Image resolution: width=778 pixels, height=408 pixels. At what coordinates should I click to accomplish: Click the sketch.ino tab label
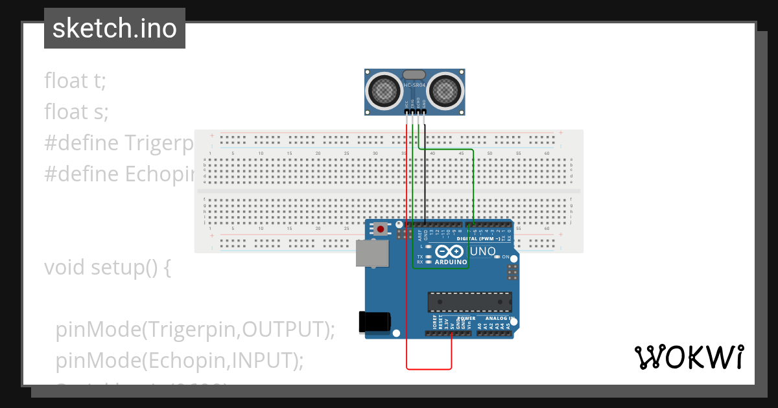[114, 28]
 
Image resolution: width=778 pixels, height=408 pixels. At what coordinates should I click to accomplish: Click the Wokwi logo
[688, 357]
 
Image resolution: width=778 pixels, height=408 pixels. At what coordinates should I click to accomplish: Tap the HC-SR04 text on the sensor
[415, 85]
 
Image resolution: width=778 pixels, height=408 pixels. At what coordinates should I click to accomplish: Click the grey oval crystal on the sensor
[415, 75]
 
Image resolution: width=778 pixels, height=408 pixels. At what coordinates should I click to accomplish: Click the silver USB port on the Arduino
[371, 253]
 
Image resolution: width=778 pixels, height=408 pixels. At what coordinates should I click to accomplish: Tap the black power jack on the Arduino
[375, 323]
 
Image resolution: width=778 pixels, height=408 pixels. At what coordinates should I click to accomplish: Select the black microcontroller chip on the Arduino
[469, 302]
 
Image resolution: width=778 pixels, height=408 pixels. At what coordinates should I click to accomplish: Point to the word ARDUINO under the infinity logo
[451, 262]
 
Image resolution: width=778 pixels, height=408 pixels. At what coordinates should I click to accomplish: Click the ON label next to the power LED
[506, 257]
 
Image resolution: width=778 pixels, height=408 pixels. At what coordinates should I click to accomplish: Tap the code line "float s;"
[77, 111]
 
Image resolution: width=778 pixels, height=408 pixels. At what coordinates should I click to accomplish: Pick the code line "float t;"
[75, 80]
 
